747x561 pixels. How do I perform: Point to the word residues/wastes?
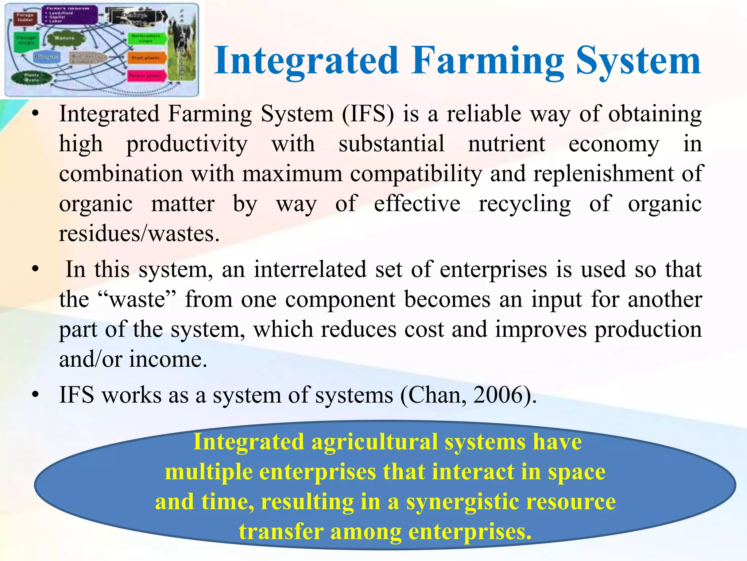point(139,234)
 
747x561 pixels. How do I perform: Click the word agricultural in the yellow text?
point(374,442)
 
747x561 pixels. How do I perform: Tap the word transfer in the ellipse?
point(281,532)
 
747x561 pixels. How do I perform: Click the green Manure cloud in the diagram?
point(65,39)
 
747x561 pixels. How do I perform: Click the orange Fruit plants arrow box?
point(146,58)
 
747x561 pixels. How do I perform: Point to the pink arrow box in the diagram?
point(146,76)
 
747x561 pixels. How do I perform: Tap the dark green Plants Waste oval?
point(31,77)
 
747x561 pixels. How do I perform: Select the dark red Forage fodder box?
point(26,18)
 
